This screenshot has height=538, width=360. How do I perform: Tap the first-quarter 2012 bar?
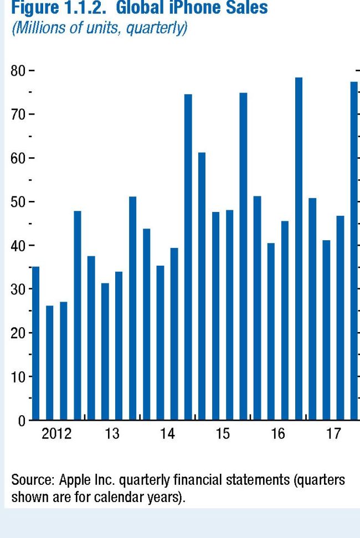pos(35,343)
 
